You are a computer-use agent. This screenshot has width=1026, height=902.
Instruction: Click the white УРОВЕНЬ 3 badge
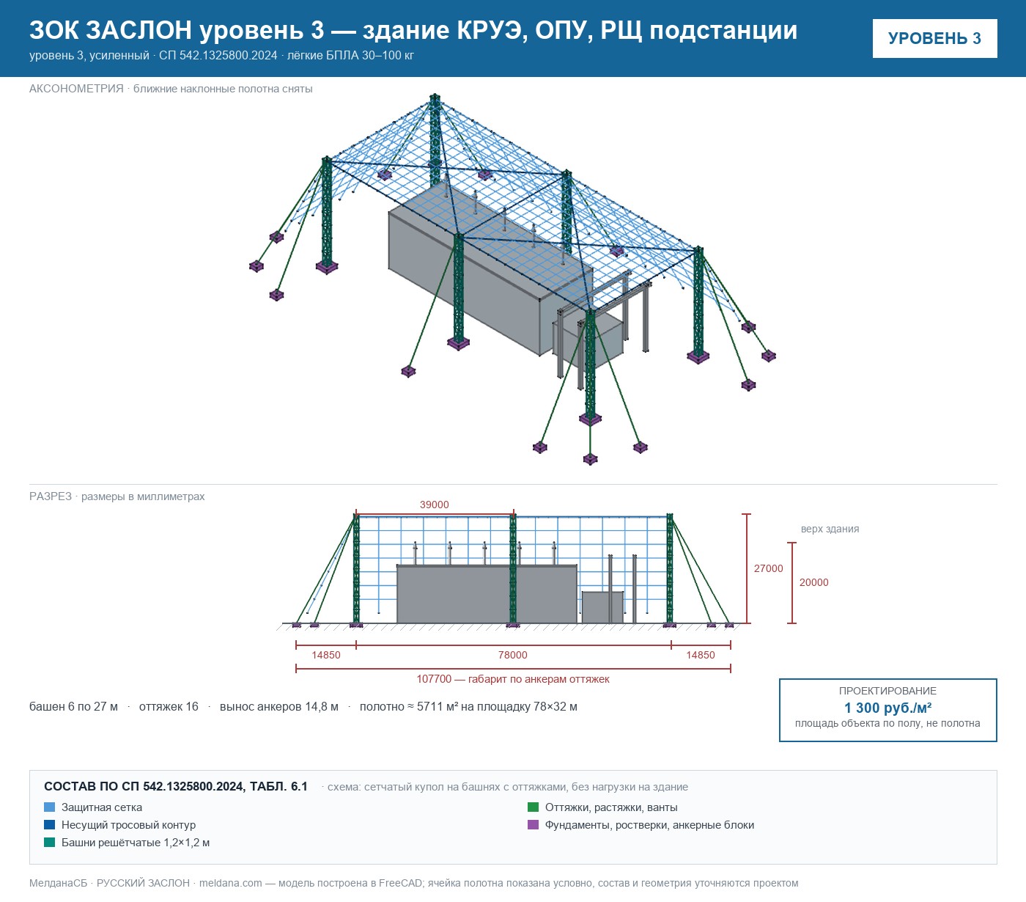point(934,39)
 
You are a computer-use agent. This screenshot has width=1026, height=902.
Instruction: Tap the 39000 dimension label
point(434,505)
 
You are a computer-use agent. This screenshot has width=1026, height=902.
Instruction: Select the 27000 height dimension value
point(768,568)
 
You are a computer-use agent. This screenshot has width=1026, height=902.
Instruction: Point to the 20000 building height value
point(813,582)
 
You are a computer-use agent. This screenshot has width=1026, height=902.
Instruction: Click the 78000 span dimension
point(512,655)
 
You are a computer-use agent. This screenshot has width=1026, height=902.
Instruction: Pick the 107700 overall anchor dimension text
point(512,679)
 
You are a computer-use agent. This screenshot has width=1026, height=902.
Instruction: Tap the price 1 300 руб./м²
point(887,708)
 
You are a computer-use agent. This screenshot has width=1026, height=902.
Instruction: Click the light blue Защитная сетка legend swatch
point(49,807)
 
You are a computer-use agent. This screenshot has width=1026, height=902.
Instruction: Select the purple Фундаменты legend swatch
point(533,825)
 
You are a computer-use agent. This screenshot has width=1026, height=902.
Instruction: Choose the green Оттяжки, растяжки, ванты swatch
point(533,807)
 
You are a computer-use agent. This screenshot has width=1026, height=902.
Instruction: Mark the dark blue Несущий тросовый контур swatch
point(49,825)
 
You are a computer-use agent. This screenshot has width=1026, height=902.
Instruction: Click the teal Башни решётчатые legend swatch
point(49,843)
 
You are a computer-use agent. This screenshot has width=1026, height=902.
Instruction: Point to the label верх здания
point(830,529)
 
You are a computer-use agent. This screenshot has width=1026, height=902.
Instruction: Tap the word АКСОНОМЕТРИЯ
point(76,89)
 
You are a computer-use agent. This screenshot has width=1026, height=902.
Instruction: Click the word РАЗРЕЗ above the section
point(50,496)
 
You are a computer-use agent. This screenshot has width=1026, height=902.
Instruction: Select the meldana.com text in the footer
point(230,883)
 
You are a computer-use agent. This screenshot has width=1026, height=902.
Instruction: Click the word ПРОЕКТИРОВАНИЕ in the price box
point(887,691)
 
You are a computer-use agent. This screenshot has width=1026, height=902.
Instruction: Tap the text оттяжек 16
point(169,706)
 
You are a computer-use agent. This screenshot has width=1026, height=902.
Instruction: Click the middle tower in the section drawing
point(512,570)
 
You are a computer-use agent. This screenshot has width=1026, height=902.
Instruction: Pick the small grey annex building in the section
point(602,607)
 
